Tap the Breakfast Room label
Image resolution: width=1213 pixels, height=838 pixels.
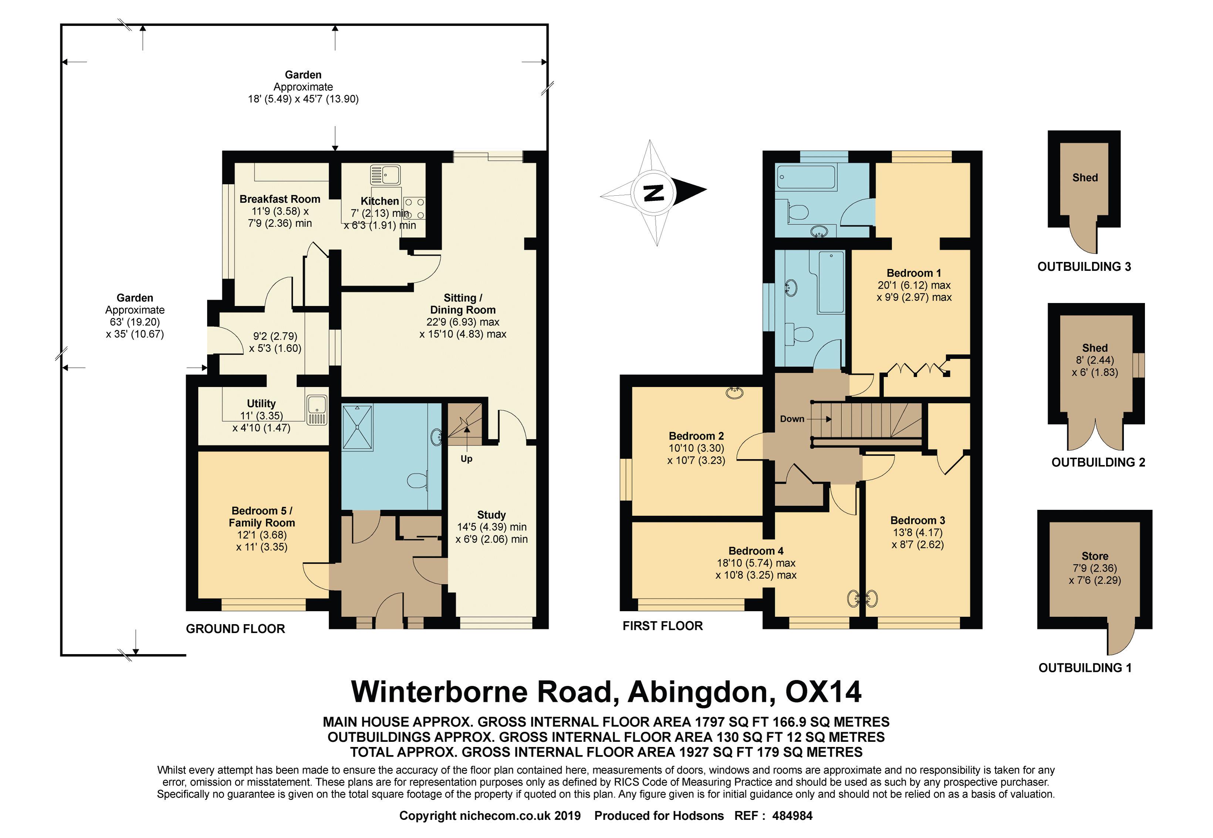280,199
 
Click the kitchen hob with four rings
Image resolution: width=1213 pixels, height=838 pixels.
414,208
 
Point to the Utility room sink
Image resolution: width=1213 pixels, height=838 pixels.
317,410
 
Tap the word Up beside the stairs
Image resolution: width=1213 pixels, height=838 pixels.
466,458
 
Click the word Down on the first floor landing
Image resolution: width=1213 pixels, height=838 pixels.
791,418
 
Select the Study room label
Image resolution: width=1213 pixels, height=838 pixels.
491,515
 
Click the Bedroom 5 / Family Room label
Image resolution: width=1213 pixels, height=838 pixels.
262,516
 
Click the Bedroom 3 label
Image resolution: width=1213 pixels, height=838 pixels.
918,520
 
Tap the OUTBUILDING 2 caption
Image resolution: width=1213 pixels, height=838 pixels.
1098,462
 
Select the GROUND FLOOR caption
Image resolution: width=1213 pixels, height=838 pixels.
235,629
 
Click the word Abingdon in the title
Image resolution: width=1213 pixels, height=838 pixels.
701,692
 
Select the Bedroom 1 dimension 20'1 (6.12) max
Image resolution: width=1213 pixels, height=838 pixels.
914,285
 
